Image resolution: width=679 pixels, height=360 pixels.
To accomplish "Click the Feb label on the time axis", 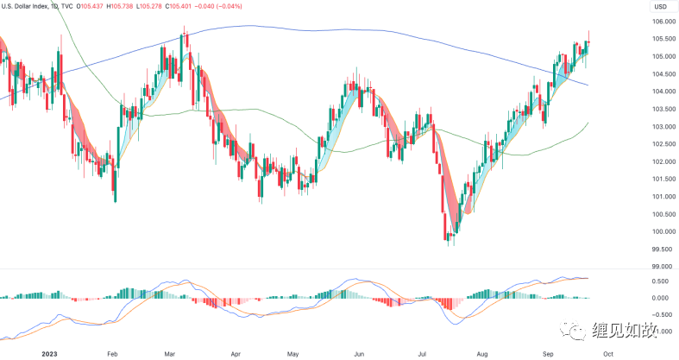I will point(112,353).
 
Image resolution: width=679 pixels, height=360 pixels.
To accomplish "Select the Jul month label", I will point(423,353).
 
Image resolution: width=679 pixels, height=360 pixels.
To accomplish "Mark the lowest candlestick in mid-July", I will point(450,241).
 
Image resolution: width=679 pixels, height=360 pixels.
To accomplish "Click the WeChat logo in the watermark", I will point(572,331).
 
